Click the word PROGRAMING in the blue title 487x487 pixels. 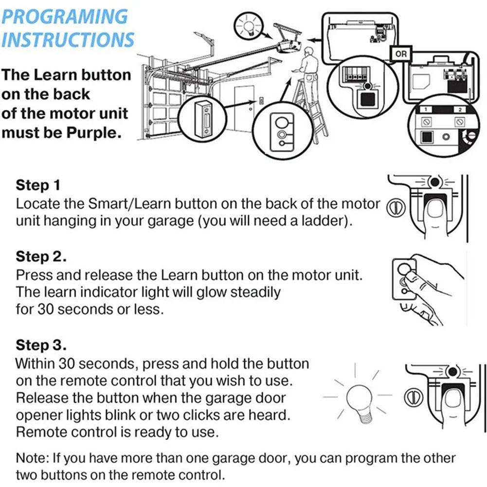65,17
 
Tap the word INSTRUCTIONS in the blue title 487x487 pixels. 68,39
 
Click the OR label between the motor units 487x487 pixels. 401,54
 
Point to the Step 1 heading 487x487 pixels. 38,185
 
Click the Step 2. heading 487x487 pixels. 41,257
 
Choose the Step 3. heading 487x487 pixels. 41,345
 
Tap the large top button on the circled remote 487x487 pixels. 281,123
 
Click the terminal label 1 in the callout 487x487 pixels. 426,109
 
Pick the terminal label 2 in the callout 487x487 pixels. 460,109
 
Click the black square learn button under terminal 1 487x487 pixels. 427,136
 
